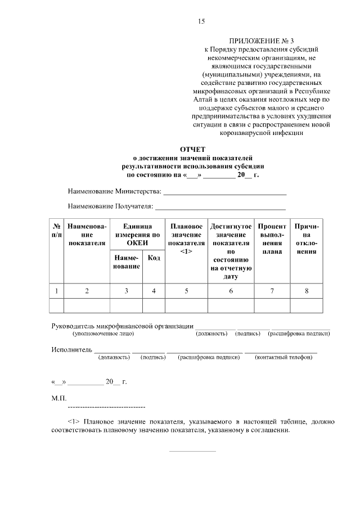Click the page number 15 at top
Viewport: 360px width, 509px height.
click(201, 21)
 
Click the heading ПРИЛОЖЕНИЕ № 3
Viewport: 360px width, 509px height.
click(254, 41)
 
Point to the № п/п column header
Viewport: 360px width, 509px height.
click(57, 230)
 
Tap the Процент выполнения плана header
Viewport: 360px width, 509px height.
click(272, 238)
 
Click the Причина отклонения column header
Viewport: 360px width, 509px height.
click(307, 238)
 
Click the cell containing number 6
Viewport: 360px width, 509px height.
click(231, 291)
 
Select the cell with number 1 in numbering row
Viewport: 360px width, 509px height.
click(57, 291)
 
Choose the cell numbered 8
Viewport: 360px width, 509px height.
click(307, 291)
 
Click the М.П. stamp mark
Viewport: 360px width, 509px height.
click(58, 398)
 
